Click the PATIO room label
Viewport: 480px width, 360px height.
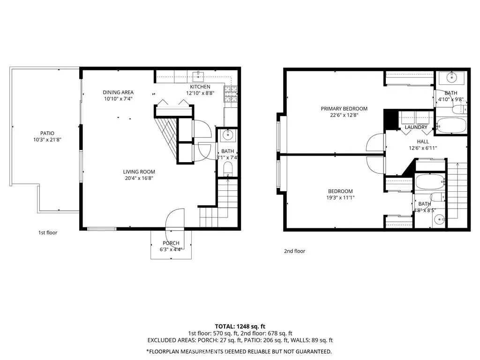[x=47, y=133]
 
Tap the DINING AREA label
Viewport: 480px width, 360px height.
[x=118, y=92]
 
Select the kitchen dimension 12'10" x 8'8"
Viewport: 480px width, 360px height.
[x=200, y=93]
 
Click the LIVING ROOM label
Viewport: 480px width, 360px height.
[x=139, y=172]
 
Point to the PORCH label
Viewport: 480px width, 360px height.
[x=171, y=243]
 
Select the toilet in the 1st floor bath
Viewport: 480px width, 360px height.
[x=228, y=169]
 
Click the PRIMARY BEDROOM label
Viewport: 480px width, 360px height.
[x=344, y=109]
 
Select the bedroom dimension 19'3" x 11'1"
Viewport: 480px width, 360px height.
[x=340, y=198]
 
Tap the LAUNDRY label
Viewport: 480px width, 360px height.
[x=416, y=127]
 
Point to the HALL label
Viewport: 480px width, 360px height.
[x=423, y=142]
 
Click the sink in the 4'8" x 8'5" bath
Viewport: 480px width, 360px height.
[x=440, y=219]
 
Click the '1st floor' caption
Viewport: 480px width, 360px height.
[x=48, y=232]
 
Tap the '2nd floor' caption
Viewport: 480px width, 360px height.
[x=294, y=251]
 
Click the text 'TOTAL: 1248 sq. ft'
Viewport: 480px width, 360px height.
[x=240, y=326]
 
